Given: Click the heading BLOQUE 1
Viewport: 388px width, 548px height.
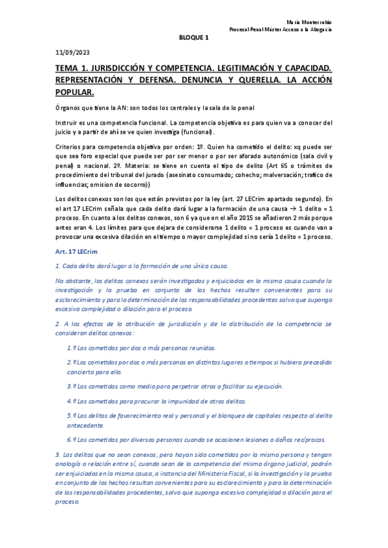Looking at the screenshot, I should (x=193, y=37).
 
